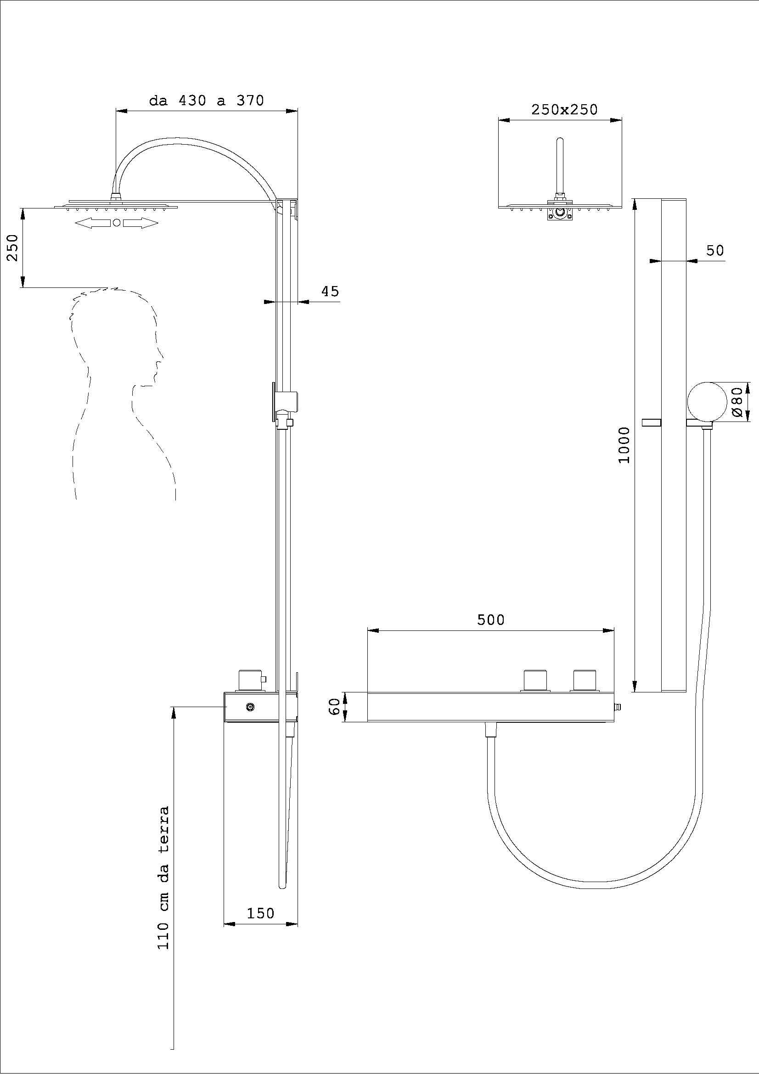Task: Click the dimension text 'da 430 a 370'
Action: point(206,101)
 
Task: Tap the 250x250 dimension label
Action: point(564,109)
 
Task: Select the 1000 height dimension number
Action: point(624,445)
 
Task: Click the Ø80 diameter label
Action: point(737,401)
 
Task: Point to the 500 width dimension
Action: point(490,620)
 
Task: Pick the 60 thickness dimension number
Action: point(334,706)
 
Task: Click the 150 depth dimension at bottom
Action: point(260,913)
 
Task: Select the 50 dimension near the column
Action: point(714,250)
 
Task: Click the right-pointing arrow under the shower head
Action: point(141,223)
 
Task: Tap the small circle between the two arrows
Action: point(117,223)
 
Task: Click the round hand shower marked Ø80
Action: point(707,401)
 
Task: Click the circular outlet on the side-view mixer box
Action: point(250,708)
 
